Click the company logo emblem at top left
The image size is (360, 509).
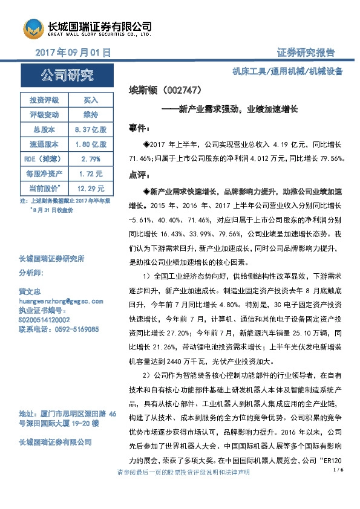(34, 28)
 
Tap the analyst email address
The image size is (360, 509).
(61, 300)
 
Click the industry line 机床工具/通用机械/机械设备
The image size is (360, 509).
(288, 72)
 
